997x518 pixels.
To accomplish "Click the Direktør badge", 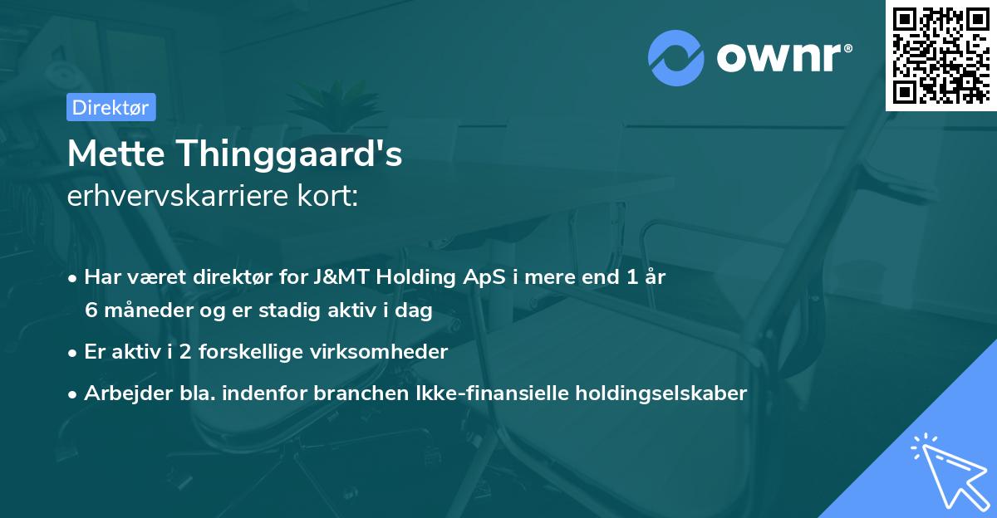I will tap(111, 107).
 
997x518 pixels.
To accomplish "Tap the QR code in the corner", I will tap(941, 55).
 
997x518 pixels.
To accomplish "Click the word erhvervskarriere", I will tap(179, 198).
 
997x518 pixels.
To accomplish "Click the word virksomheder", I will tap(388, 352).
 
